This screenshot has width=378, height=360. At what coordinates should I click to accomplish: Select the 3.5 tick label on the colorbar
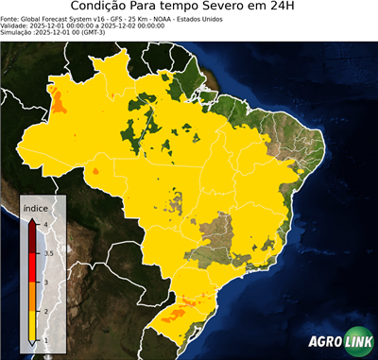coord(47,253)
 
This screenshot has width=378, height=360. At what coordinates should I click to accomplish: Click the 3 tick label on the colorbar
coord(44,283)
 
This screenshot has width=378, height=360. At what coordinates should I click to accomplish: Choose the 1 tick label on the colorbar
coord(44,340)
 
